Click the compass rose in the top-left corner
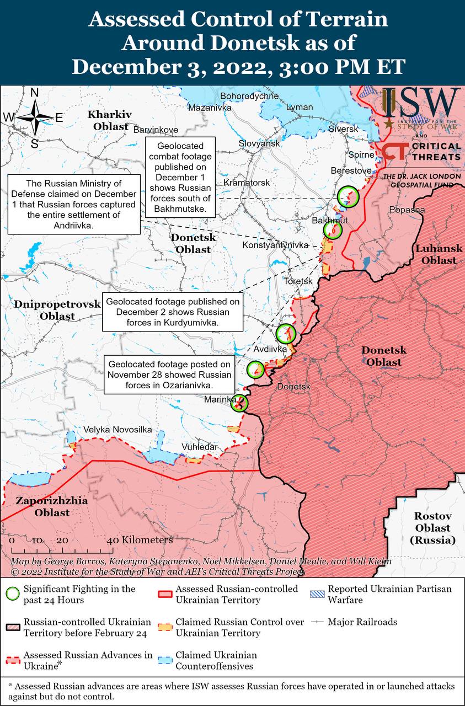pyautogui.click(x=34, y=117)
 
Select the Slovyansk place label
pyautogui.click(x=259, y=143)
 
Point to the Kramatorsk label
pyautogui.click(x=247, y=182)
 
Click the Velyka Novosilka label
pyautogui.click(x=117, y=429)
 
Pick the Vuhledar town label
pyautogui.click(x=199, y=447)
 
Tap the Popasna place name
pyautogui.click(x=407, y=210)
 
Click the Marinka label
pyautogui.click(x=220, y=399)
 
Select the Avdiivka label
pyautogui.click(x=270, y=349)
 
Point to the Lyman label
pyautogui.click(x=300, y=107)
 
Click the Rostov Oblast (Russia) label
pyautogui.click(x=433, y=528)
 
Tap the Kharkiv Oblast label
pyautogui.click(x=109, y=120)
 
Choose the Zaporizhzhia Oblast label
pyautogui.click(x=43, y=507)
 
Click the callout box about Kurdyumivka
pyautogui.click(x=173, y=312)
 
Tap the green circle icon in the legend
pyautogui.click(x=12, y=594)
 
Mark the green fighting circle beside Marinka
pyautogui.click(x=239, y=404)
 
